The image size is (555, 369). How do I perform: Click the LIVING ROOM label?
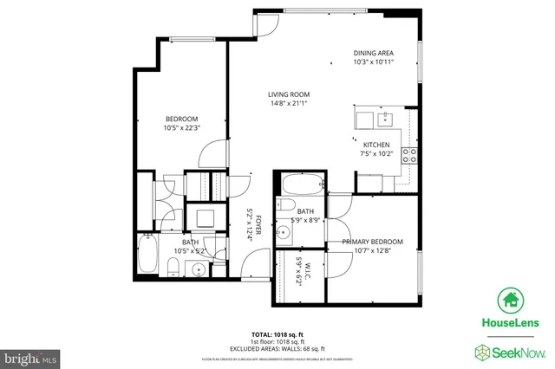pos(289,95)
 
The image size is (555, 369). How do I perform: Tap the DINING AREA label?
pos(374,52)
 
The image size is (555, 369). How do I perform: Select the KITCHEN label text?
pos(375,145)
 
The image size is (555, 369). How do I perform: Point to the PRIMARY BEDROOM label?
pos(372,242)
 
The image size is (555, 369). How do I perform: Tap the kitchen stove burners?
pos(411,156)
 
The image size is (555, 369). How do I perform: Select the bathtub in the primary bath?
pos(301,184)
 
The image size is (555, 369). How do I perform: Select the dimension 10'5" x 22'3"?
pos(182,127)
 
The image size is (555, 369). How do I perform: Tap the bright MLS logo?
pos(30,356)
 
